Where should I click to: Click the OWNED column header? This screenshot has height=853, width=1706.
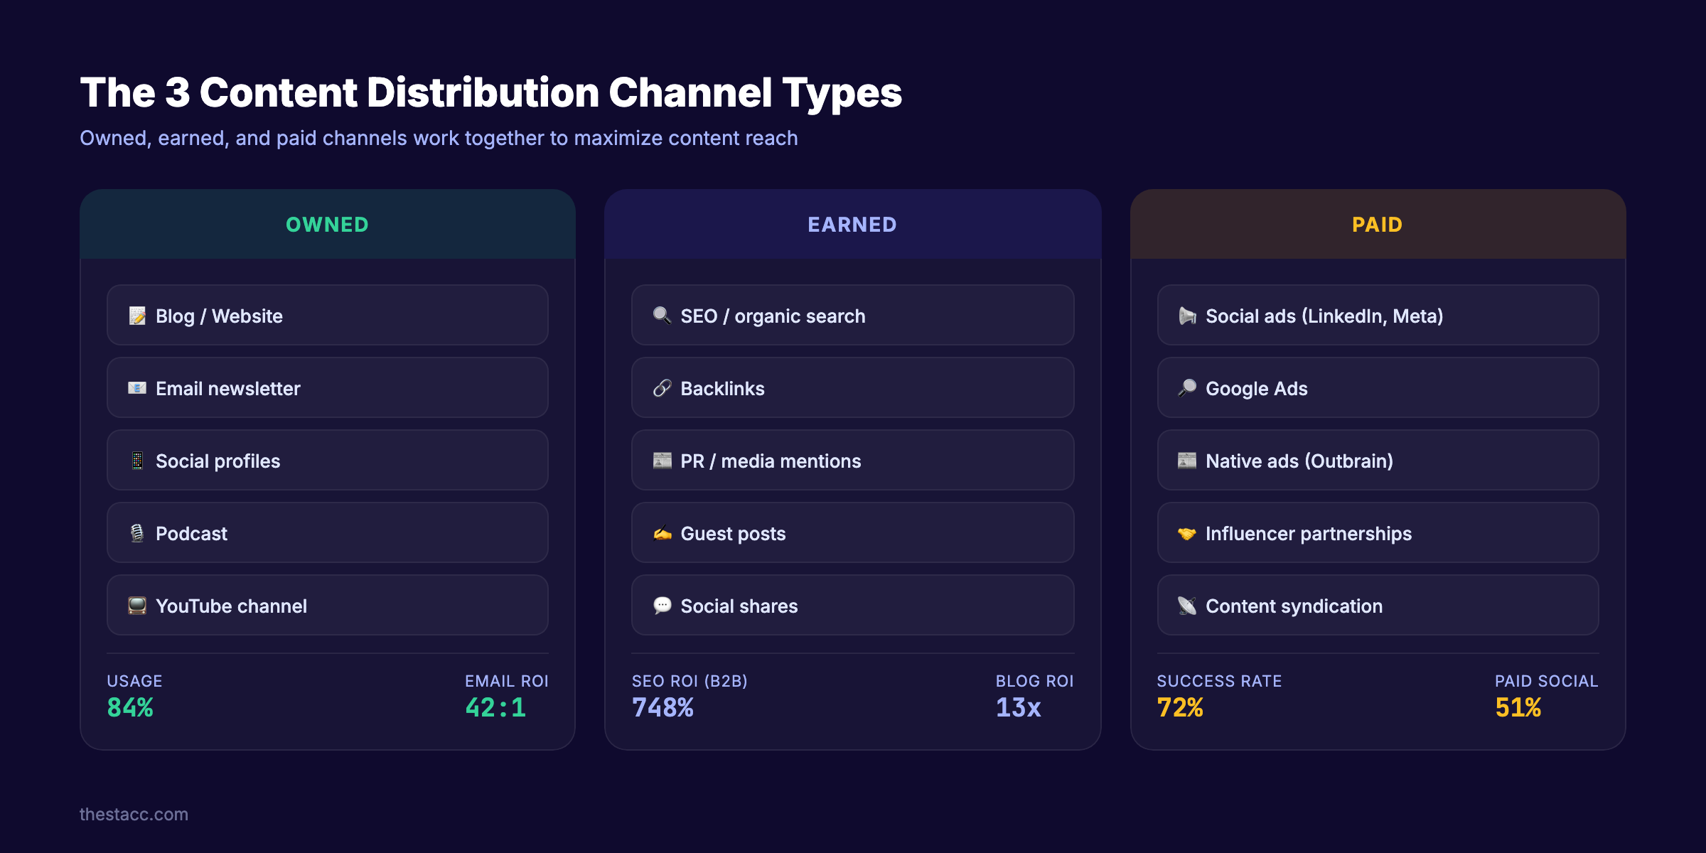pos(327,225)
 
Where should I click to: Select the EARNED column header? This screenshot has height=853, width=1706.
pos(852,225)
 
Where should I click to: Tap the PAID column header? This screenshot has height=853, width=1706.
pos(1377,225)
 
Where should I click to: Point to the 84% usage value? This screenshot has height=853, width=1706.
pos(130,707)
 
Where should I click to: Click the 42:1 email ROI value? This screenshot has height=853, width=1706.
pos(495,707)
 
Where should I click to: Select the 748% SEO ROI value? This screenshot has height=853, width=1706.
pos(662,707)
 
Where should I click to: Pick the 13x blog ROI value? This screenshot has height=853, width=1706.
pos(1018,707)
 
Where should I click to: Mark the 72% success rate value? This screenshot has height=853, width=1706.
pos(1180,707)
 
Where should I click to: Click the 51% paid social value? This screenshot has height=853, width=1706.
pos(1518,707)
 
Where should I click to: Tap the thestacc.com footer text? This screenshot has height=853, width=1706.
pos(134,814)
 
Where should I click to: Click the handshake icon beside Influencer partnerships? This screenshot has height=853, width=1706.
pos(1186,533)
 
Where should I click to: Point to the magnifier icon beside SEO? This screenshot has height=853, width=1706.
pos(662,315)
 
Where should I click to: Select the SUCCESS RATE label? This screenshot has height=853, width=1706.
pos(1219,681)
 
